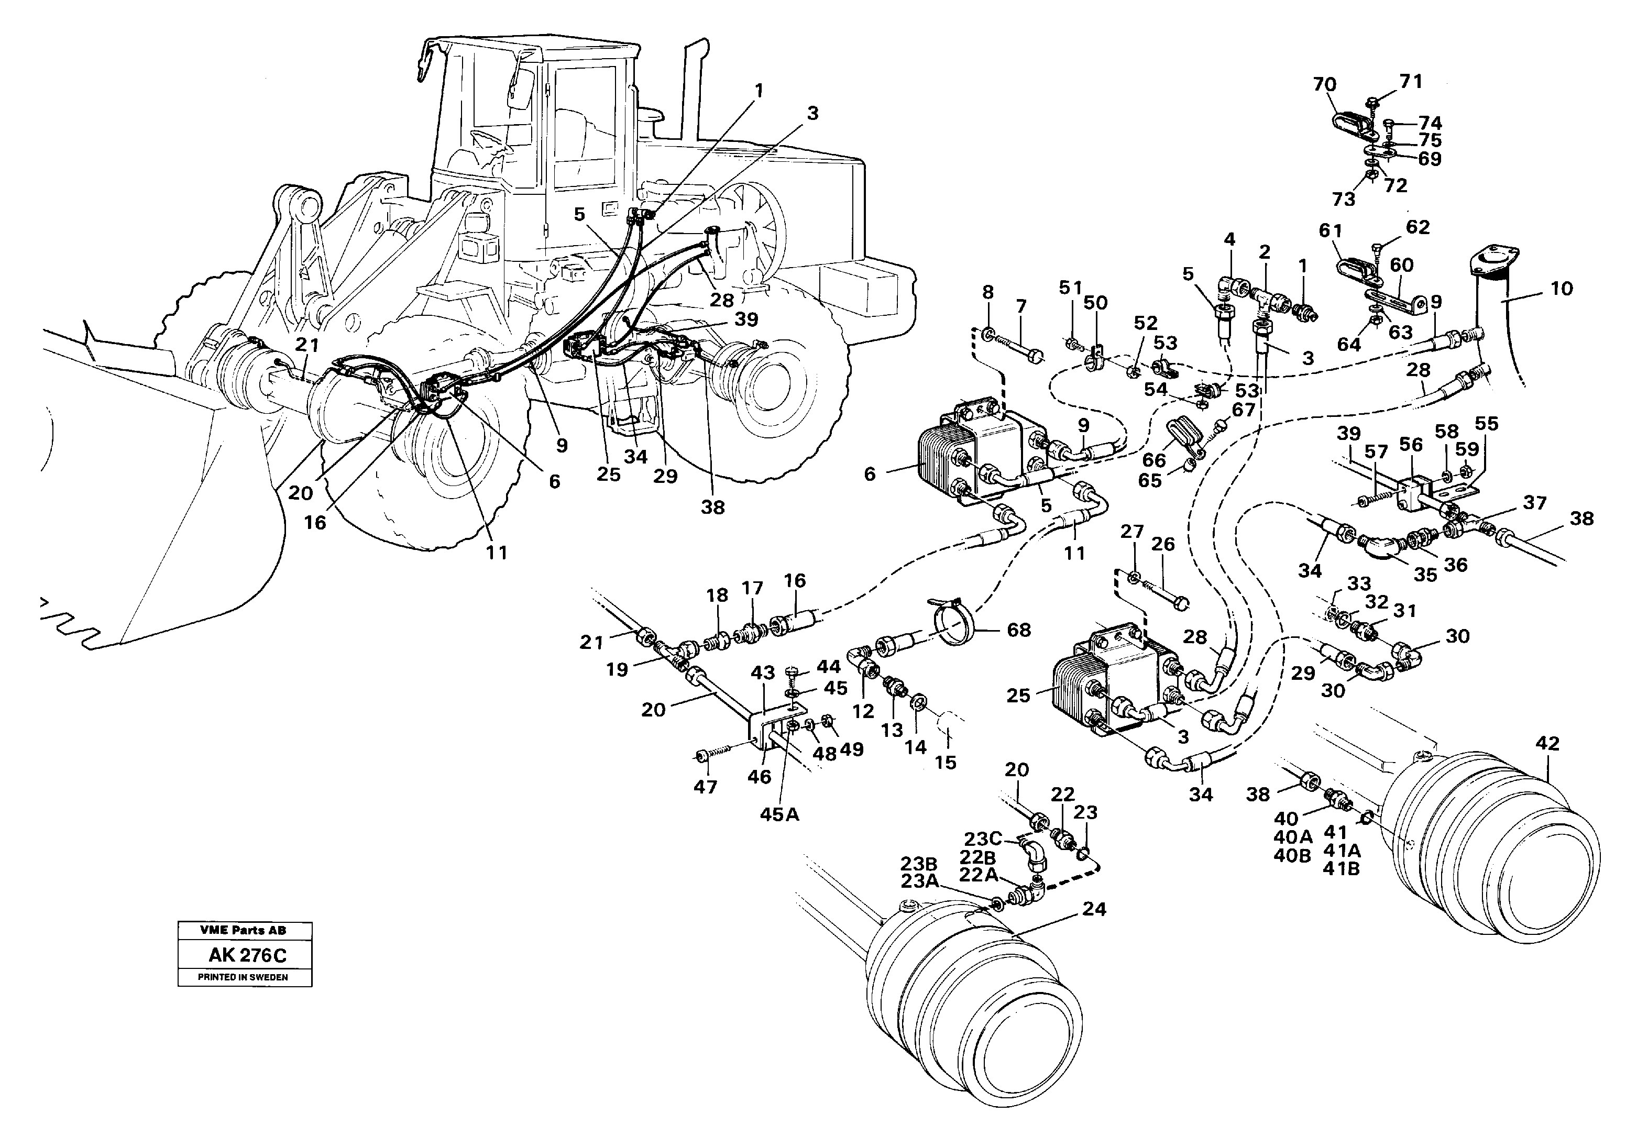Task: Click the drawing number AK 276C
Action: pyautogui.click(x=244, y=956)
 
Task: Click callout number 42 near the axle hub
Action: pyautogui.click(x=1548, y=743)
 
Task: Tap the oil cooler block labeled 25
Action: pyautogui.click(x=1103, y=678)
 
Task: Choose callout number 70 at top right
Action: pyautogui.click(x=1324, y=85)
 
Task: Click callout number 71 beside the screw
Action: pyautogui.click(x=1410, y=82)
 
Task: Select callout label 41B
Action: pyautogui.click(x=1341, y=869)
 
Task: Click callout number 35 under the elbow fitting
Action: pyautogui.click(x=1425, y=575)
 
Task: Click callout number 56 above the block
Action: pyautogui.click(x=1411, y=444)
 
